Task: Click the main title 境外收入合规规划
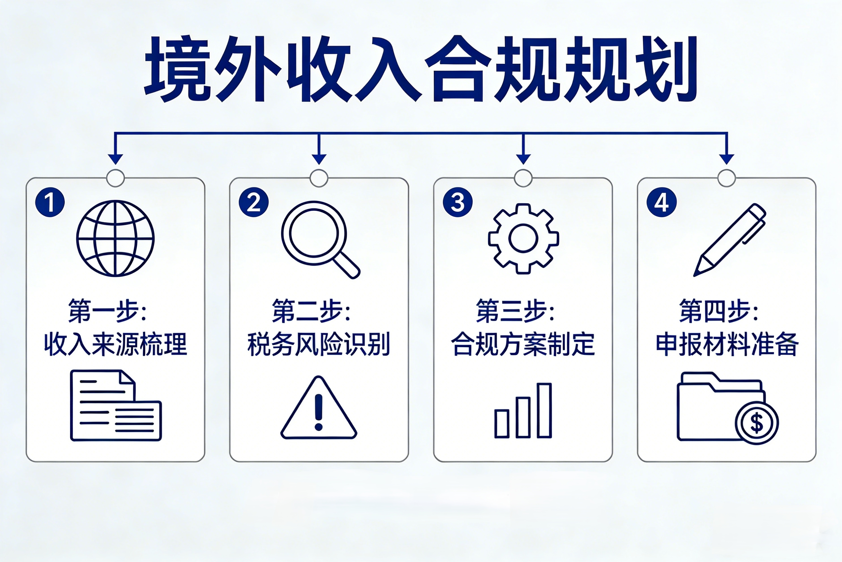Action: (421, 69)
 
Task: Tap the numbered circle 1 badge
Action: (50, 202)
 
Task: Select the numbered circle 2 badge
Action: (254, 202)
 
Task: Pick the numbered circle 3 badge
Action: (458, 202)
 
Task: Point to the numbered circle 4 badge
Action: (662, 202)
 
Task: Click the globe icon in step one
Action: (115, 238)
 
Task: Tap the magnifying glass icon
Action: (320, 240)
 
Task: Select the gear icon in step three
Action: (523, 239)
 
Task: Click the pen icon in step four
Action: (730, 240)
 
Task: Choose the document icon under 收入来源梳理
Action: (116, 405)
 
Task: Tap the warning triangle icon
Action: (319, 407)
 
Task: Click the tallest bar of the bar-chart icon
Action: (544, 411)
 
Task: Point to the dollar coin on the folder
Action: (756, 423)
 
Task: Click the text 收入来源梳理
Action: (115, 344)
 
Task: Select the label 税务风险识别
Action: (319, 344)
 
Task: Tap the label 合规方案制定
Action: (523, 344)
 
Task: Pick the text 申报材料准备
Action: (727, 344)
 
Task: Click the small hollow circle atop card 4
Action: (727, 178)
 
